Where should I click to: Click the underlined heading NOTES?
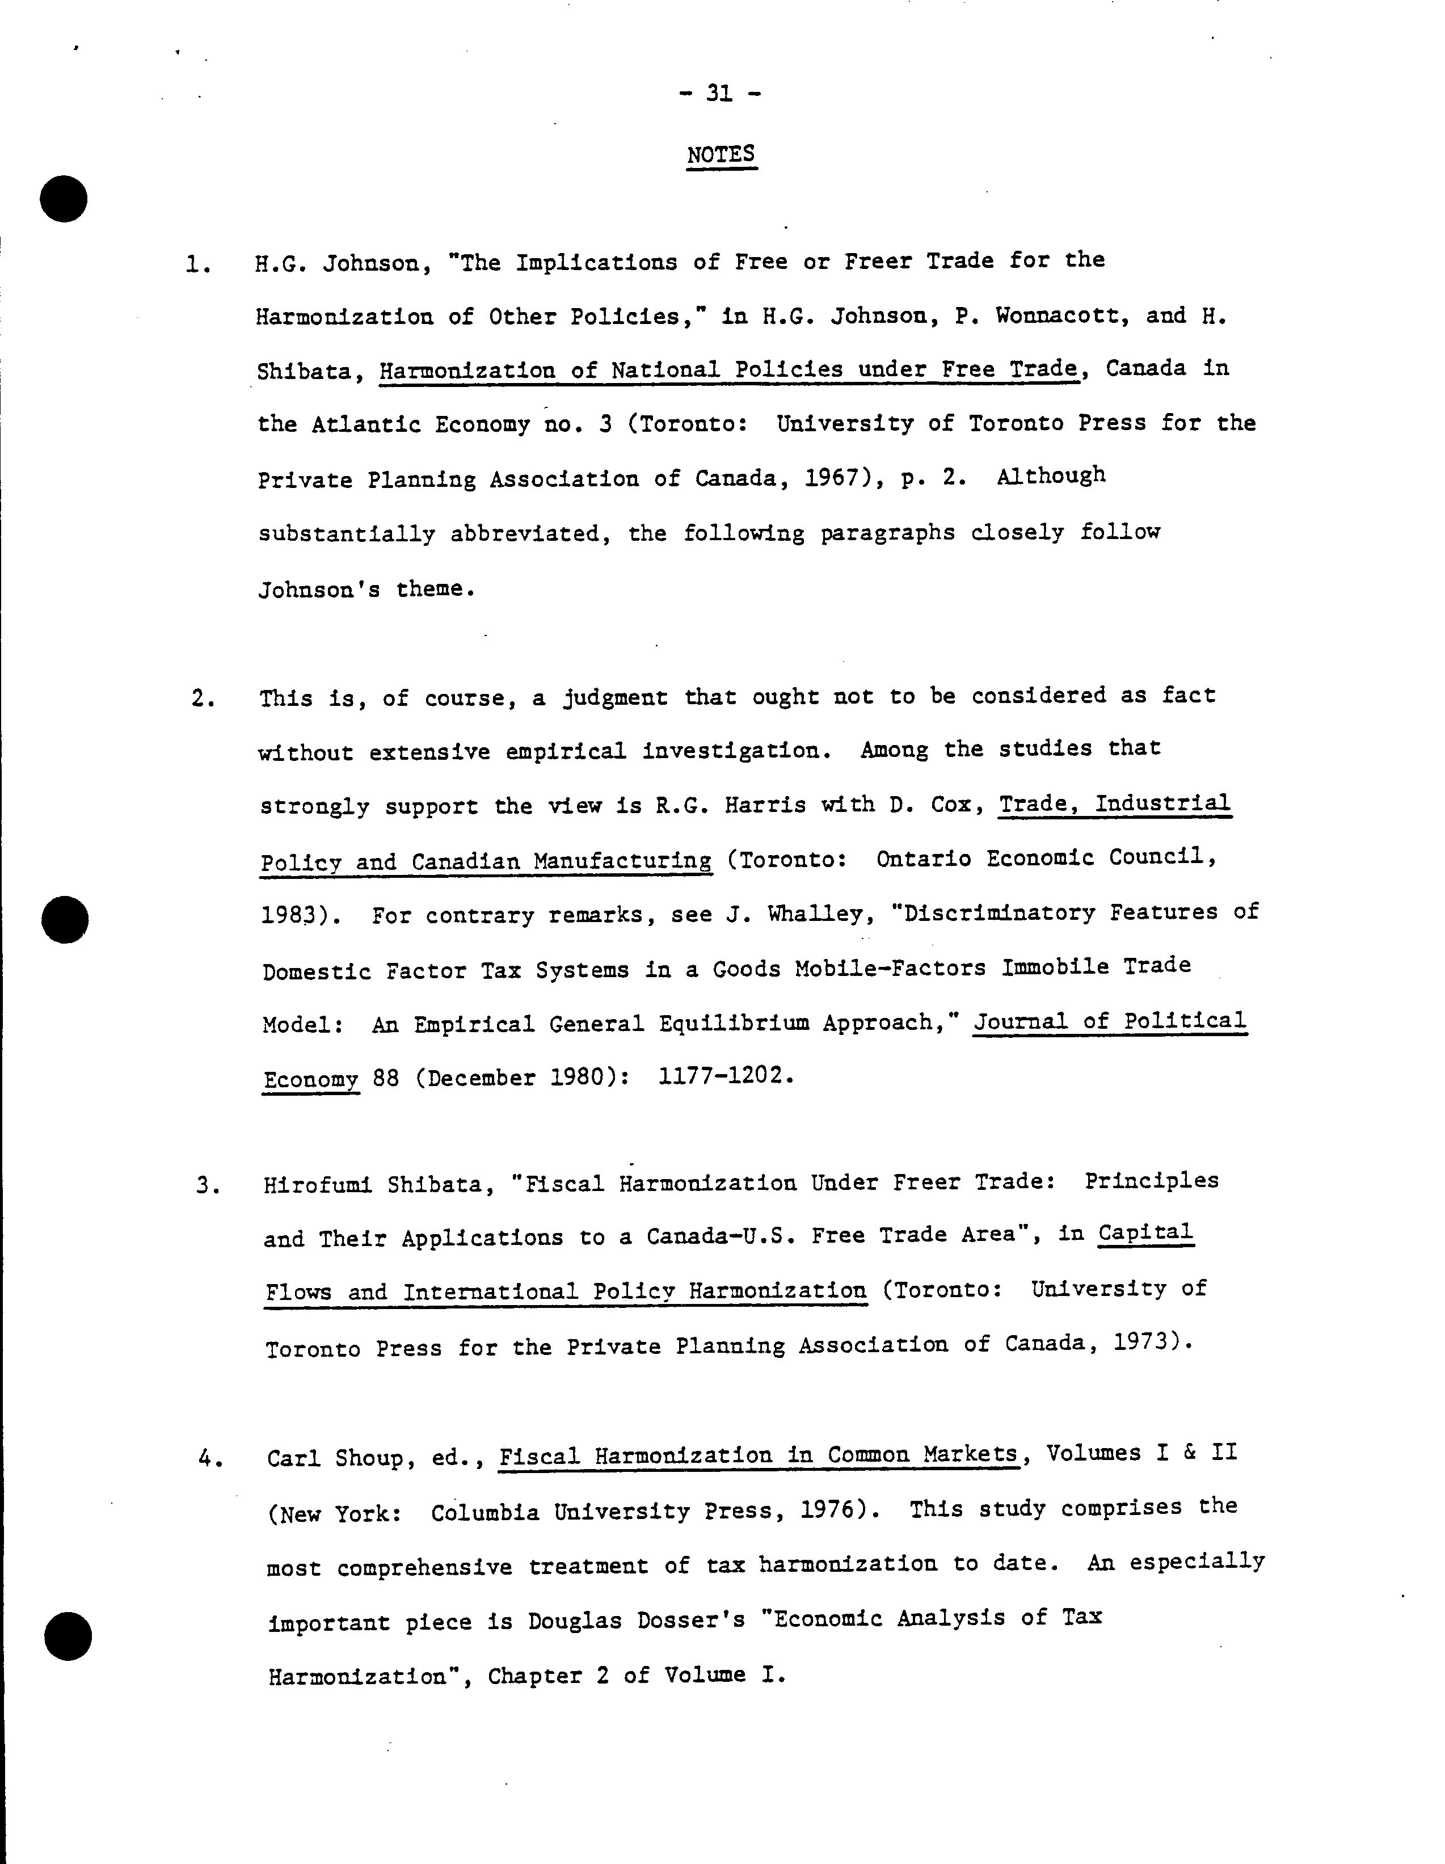coord(721,154)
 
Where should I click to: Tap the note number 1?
coord(196,266)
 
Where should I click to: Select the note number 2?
coord(201,699)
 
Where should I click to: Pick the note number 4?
coord(209,1459)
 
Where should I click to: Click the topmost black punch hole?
coord(64,199)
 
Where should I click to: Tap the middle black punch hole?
coord(65,919)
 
